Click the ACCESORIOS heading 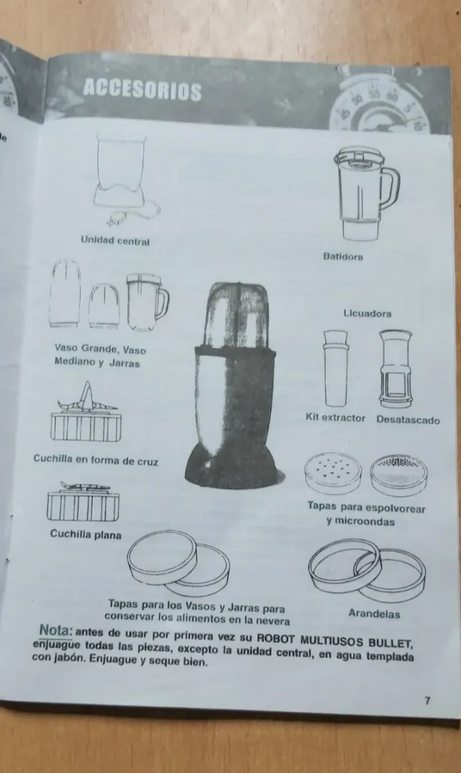[x=142, y=90]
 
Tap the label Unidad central [x=115, y=241]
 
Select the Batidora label [x=343, y=256]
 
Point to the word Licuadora [x=367, y=314]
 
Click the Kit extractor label [x=336, y=417]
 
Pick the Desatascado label [x=408, y=420]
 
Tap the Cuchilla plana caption [x=86, y=534]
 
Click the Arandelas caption [x=374, y=614]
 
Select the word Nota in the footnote [x=55, y=630]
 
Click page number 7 [x=427, y=700]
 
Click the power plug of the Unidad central [x=117, y=218]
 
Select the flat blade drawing [x=83, y=502]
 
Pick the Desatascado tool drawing [x=395, y=369]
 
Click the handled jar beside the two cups [x=148, y=302]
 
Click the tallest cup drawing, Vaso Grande [x=65, y=294]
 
